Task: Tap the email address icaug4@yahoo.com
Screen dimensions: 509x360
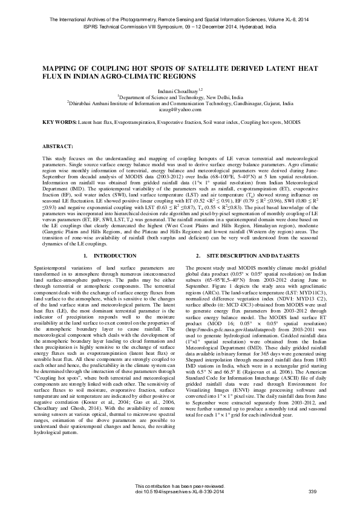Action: click(x=180, y=109)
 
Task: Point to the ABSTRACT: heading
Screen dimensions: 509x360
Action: click(x=57, y=147)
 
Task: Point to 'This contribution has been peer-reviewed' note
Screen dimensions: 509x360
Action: click(x=180, y=487)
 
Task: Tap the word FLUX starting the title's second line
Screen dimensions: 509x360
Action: click(x=52, y=76)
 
